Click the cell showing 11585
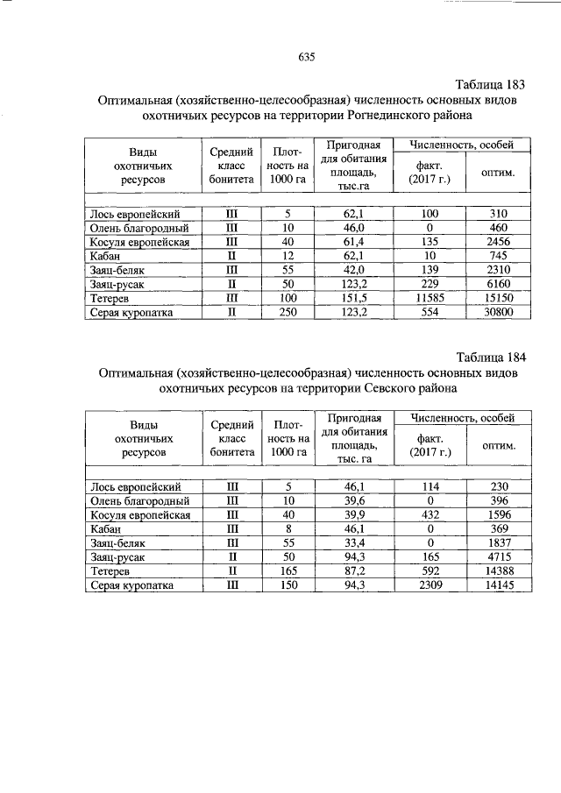429,298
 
